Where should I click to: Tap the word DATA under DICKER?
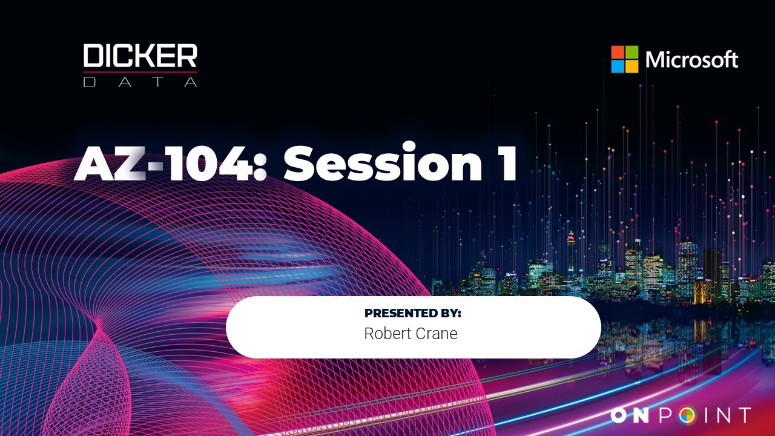pyautogui.click(x=140, y=82)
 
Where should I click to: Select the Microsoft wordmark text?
pyautogui.click(x=691, y=59)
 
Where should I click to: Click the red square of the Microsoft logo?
pyautogui.click(x=618, y=52)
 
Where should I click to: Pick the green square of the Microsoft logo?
pyautogui.click(x=632, y=52)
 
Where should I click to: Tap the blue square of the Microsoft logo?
pyautogui.click(x=618, y=67)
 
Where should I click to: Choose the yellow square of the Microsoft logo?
pyautogui.click(x=632, y=67)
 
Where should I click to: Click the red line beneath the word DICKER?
pyautogui.click(x=140, y=72)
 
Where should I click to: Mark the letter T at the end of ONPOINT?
pyautogui.click(x=744, y=415)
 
